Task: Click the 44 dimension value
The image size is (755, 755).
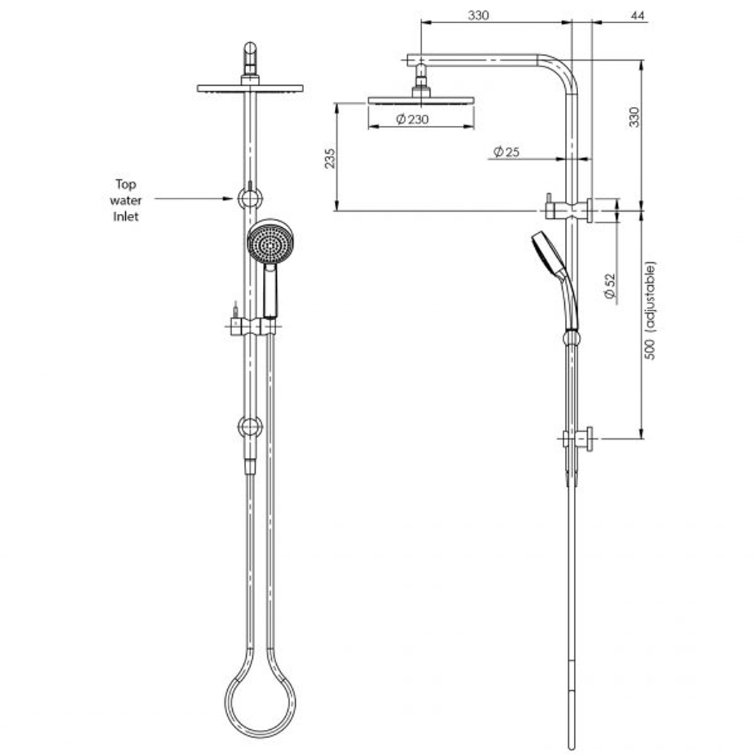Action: coord(637,15)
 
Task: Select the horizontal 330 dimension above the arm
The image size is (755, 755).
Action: coord(478,15)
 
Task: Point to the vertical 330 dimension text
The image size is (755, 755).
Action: coord(634,117)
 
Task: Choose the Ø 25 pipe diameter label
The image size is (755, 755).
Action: coord(506,152)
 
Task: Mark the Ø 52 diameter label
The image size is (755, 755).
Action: coord(610,287)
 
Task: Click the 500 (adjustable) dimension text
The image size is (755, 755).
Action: coord(650,311)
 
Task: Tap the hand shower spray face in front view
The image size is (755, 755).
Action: coord(270,243)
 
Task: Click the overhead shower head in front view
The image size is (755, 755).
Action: coord(250,89)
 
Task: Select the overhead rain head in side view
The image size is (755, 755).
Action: coord(421,101)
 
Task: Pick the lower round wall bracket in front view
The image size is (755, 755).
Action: coord(250,426)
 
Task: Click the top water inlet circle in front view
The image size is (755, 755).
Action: coord(250,199)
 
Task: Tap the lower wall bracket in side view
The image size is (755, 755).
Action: coord(580,438)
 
